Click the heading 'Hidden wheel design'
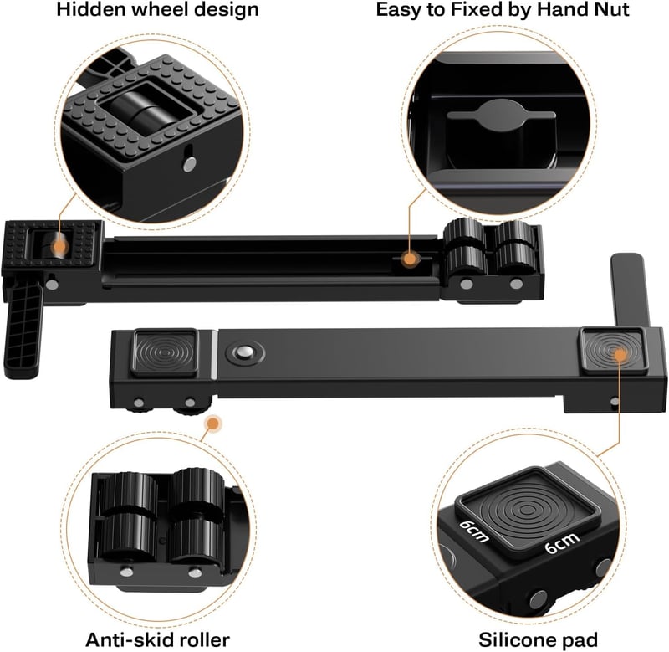[x=157, y=10]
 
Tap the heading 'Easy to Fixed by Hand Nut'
[x=503, y=10]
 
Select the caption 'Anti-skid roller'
[x=157, y=639]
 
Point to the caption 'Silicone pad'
[x=538, y=639]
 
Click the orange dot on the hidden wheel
[x=59, y=246]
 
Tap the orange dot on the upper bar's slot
[x=410, y=259]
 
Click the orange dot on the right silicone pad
[x=620, y=354]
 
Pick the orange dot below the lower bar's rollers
[x=213, y=424]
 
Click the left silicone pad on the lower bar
[x=164, y=353]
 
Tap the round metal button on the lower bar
[x=245, y=352]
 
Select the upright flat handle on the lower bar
[x=630, y=290]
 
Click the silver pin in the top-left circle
[x=190, y=164]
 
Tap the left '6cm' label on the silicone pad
[x=474, y=531]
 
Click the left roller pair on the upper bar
[x=465, y=248]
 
